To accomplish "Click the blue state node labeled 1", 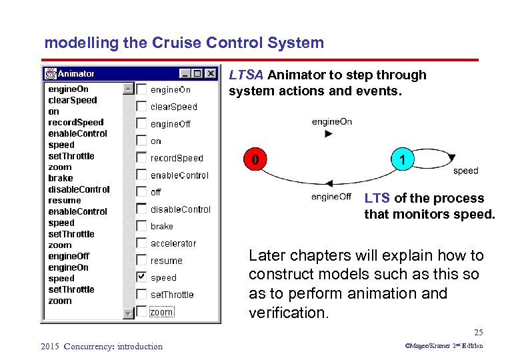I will pyautogui.click(x=400, y=160).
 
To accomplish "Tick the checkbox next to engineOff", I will pyautogui.click(x=141, y=123).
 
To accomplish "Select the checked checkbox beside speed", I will pyautogui.click(x=141, y=277).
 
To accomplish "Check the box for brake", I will pyautogui.click(x=141, y=226).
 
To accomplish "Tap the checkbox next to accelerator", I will pyautogui.click(x=141, y=243).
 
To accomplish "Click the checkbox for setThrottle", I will pyautogui.click(x=141, y=294).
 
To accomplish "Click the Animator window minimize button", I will pyautogui.click(x=185, y=73).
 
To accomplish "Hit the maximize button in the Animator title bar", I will pyautogui.click(x=197, y=73).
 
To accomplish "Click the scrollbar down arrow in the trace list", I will pyautogui.click(x=128, y=312).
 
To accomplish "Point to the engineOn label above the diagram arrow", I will pyautogui.click(x=331, y=121).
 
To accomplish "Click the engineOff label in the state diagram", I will pyautogui.click(x=331, y=197).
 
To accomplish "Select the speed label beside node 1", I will pyautogui.click(x=465, y=171).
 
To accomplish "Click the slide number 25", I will pyautogui.click(x=478, y=332).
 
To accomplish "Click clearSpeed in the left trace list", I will pyautogui.click(x=73, y=100).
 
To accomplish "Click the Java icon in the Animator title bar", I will pyautogui.click(x=51, y=73).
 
